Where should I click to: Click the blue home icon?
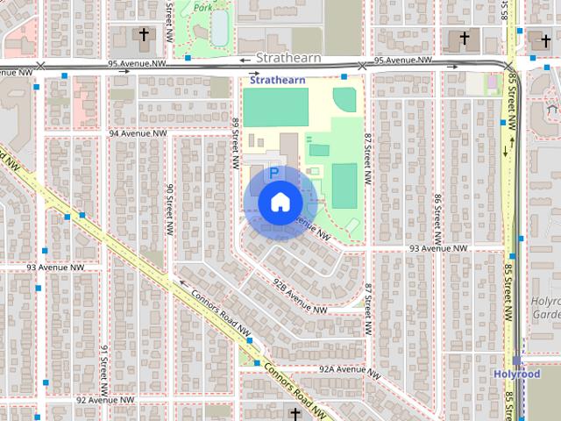[x=279, y=202]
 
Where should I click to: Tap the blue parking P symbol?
[x=274, y=174]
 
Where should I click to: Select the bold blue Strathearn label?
[x=278, y=79]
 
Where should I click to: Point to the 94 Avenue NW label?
[x=138, y=133]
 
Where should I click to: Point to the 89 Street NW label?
[x=236, y=145]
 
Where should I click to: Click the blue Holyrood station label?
[x=515, y=375]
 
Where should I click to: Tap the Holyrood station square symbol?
[x=516, y=360]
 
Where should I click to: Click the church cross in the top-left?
[x=144, y=35]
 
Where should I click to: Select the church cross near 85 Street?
[x=465, y=39]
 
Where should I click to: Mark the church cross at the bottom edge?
[x=295, y=413]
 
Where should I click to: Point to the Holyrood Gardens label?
[x=545, y=308]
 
